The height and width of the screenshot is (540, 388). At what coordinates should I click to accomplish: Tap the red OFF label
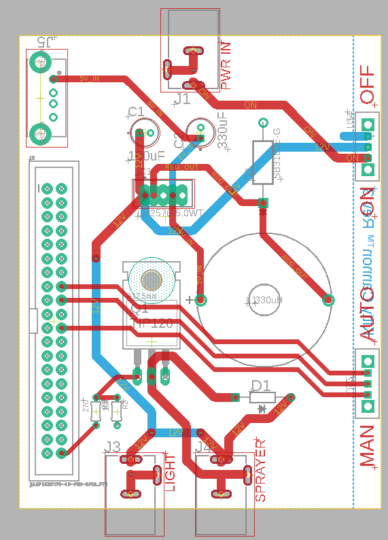[368, 85]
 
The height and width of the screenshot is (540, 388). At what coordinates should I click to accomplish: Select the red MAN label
[368, 446]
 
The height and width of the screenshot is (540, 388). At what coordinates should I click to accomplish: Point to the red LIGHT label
[170, 473]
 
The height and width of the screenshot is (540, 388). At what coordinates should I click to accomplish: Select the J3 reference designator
[113, 447]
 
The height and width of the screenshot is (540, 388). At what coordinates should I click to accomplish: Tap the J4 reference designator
[203, 447]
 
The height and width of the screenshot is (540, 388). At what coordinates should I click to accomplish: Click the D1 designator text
[261, 386]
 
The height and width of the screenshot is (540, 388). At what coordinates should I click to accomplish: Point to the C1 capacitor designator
[135, 112]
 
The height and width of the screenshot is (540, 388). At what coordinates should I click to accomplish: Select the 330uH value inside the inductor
[266, 300]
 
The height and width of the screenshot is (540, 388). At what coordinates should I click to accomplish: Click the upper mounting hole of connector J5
[39, 63]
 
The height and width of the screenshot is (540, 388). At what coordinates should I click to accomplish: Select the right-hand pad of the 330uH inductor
[328, 299]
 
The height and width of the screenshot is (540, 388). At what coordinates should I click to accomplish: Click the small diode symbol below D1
[262, 409]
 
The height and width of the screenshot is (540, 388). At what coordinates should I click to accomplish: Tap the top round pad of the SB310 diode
[263, 123]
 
